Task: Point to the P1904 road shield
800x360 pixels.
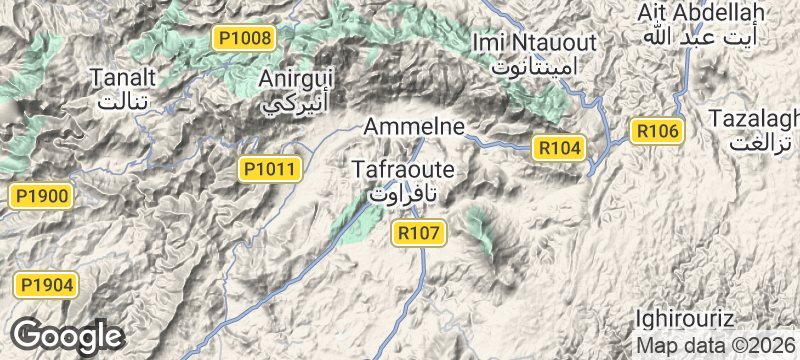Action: pos(45,285)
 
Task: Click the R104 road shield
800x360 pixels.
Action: pos(559,148)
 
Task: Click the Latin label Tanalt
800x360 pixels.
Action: pos(123,77)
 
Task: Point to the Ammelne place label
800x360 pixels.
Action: pos(415,127)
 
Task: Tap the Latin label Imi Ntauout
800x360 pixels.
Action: pos(534,43)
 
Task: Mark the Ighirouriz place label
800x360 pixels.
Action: pos(686,320)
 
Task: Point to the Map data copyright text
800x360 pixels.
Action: pos(717,346)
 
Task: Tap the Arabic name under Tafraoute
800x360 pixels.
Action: pos(402,193)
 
